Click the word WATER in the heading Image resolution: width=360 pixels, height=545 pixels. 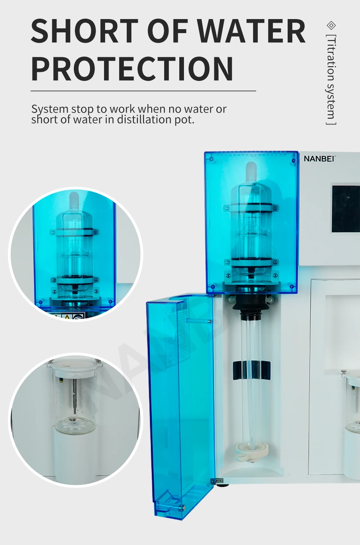pos(252,32)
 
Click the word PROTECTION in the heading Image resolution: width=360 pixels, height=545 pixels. pos(132,69)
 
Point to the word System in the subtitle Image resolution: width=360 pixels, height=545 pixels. pos(50,109)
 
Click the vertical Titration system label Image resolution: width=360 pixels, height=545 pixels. pos(331,80)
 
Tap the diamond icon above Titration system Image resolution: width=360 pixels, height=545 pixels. pos(331,25)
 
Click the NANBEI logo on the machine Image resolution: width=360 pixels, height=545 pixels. pos(319,159)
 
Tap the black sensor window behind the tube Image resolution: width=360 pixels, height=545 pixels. pos(251,370)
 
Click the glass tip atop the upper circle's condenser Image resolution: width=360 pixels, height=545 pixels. pos(74,199)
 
